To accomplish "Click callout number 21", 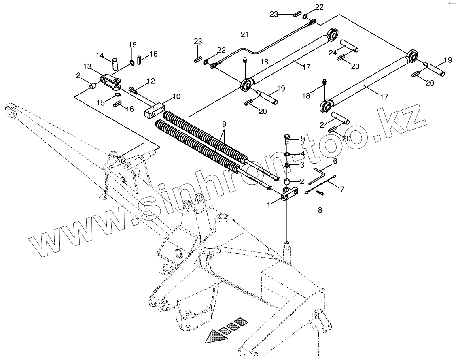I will [x=244, y=34].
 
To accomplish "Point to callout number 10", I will [x=176, y=97].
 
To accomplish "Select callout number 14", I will [x=100, y=55].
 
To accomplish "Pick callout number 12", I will [x=151, y=81].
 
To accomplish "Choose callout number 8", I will [x=320, y=210].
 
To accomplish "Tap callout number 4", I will [x=302, y=154].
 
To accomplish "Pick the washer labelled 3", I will [x=287, y=166].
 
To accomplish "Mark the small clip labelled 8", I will [x=320, y=193].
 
